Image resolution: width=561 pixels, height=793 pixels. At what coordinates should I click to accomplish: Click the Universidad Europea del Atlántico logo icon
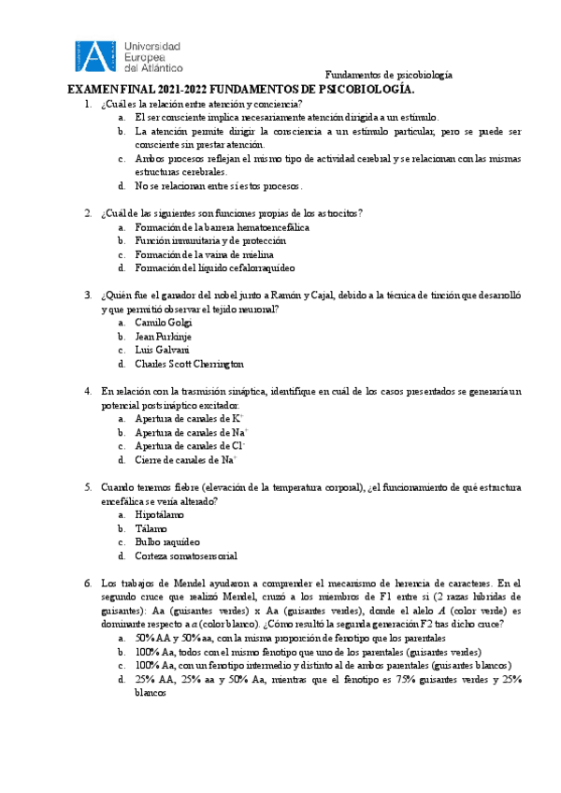pyautogui.click(x=93, y=56)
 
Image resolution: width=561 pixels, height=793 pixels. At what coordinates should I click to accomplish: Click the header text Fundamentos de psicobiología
pyautogui.click(x=388, y=75)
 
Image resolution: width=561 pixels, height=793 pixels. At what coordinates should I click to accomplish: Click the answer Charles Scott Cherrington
pyautogui.click(x=189, y=364)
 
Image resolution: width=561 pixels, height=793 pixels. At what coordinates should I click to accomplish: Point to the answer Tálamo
pyautogui.click(x=151, y=528)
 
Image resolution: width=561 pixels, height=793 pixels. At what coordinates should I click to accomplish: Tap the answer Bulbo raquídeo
pyautogui.click(x=167, y=541)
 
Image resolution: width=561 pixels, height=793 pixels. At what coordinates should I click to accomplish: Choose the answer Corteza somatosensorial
pyautogui.click(x=186, y=555)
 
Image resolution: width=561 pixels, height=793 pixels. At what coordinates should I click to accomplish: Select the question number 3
pyautogui.click(x=87, y=296)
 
